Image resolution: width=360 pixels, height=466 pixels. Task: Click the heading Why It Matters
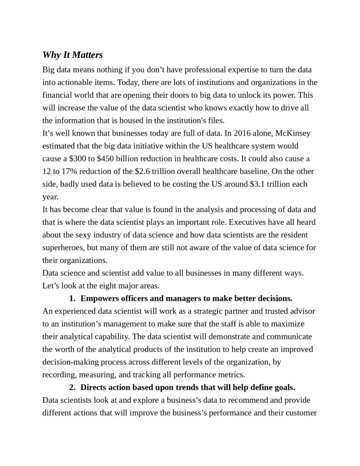(73, 55)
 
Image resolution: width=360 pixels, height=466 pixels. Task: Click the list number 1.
(72, 299)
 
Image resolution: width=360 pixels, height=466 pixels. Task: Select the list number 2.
(72, 388)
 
